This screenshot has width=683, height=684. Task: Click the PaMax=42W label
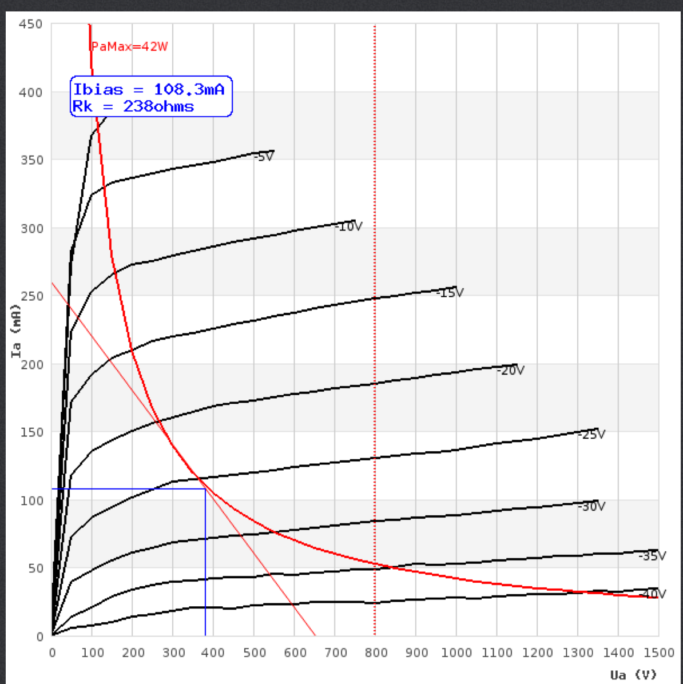coord(130,47)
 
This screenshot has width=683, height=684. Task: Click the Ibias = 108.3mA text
coord(149,90)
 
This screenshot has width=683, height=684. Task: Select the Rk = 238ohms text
coord(133,106)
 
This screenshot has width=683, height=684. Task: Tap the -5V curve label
coord(264,157)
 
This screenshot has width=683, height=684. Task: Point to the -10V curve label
coord(349,226)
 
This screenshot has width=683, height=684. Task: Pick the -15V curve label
coord(450,293)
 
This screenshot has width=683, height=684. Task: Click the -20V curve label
coord(511,371)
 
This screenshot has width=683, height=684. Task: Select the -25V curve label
coord(591,435)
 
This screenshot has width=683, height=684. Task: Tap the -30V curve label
coord(591,507)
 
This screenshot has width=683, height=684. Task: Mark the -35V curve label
coord(653,556)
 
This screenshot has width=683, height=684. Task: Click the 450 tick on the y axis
coord(30,24)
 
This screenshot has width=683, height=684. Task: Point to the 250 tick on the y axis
coord(31,296)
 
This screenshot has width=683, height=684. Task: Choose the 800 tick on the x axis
coord(376,653)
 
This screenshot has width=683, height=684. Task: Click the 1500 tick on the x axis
coord(658,653)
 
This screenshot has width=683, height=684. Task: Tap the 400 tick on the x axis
coord(214,653)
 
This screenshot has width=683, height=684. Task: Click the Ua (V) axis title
coord(633,675)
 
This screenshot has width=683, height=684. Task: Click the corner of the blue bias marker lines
coord(205,489)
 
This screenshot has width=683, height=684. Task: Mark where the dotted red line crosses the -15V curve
coord(375,298)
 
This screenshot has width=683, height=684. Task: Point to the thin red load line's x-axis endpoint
coord(315,635)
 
